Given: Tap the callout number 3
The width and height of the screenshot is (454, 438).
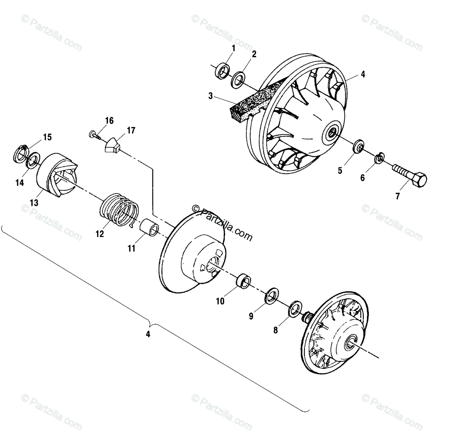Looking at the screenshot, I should [x=211, y=96].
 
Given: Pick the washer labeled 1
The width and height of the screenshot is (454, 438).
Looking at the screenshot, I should [x=222, y=71].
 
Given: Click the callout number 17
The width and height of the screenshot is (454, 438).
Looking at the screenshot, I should [x=131, y=131].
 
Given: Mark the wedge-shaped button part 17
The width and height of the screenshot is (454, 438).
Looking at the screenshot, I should [x=112, y=146].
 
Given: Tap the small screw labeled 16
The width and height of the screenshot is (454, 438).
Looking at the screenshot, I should [x=93, y=134].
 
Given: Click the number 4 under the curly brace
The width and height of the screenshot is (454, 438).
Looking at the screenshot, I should [x=148, y=334].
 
